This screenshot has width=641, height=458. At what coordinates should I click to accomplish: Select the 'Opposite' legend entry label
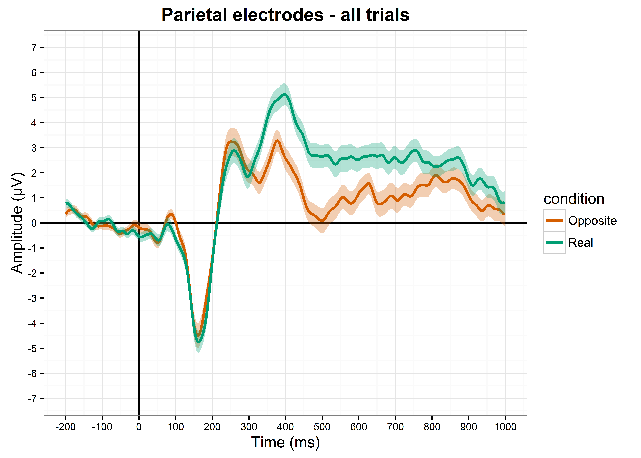pos(592,221)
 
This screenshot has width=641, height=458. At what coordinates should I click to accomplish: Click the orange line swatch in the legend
pos(554,220)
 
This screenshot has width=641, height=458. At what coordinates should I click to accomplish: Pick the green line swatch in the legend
pos(554,242)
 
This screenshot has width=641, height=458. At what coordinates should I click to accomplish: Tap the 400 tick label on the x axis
pos(285,427)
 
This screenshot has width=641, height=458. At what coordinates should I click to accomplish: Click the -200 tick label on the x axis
pos(65,427)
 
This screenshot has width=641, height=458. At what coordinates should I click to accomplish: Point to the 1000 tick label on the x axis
pos(505,427)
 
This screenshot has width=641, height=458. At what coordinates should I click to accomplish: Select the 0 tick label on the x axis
pos(139,427)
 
